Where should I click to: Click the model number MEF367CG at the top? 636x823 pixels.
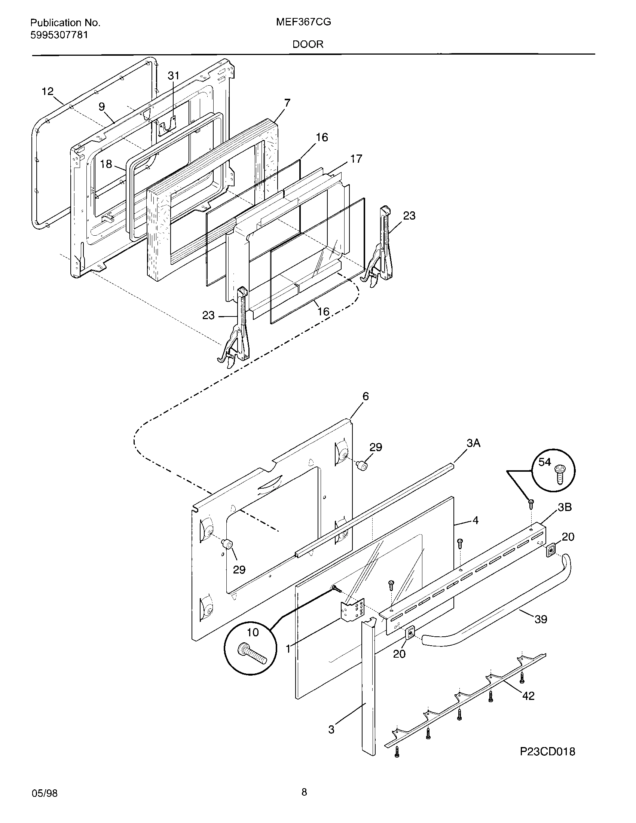(x=303, y=22)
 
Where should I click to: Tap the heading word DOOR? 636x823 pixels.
(x=308, y=45)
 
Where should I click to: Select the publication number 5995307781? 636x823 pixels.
(x=59, y=35)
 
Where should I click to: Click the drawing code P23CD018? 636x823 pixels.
(x=547, y=752)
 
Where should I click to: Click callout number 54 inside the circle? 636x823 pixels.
(x=544, y=462)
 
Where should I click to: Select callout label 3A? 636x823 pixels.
(x=473, y=444)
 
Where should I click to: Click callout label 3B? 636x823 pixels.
(x=565, y=507)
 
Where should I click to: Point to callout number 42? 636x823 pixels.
(x=528, y=696)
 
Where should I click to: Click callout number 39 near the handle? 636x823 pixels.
(x=541, y=619)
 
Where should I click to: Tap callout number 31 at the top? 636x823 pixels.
(x=173, y=76)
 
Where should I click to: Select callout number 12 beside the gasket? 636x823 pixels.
(x=48, y=92)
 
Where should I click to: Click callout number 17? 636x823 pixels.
(x=356, y=159)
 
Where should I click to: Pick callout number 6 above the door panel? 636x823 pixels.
(x=366, y=396)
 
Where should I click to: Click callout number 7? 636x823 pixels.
(x=287, y=103)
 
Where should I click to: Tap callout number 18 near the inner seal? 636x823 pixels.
(x=106, y=164)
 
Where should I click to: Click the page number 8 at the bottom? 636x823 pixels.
(x=304, y=792)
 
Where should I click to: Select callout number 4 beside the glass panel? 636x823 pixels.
(x=476, y=520)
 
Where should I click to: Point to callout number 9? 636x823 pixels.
(x=102, y=107)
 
